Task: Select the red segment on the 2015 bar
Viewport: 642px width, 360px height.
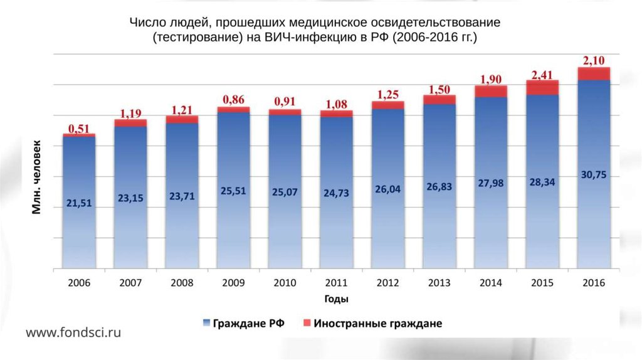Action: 542,87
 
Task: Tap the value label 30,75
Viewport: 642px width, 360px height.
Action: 594,175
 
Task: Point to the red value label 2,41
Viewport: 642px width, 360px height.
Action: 542,75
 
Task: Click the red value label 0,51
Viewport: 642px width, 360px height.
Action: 79,129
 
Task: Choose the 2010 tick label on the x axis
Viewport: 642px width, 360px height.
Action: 285,282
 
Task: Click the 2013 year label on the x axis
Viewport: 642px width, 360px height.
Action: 439,282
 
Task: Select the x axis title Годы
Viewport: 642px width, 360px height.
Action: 337,299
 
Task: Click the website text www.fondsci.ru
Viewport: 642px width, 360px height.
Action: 73,332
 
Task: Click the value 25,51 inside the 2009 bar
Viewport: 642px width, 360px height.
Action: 234,191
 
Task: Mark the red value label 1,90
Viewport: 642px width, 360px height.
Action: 491,80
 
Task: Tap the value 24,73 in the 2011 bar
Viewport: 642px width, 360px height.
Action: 337,193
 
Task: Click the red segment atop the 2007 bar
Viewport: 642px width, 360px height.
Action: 130,123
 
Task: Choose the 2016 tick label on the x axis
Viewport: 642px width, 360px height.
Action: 594,282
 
